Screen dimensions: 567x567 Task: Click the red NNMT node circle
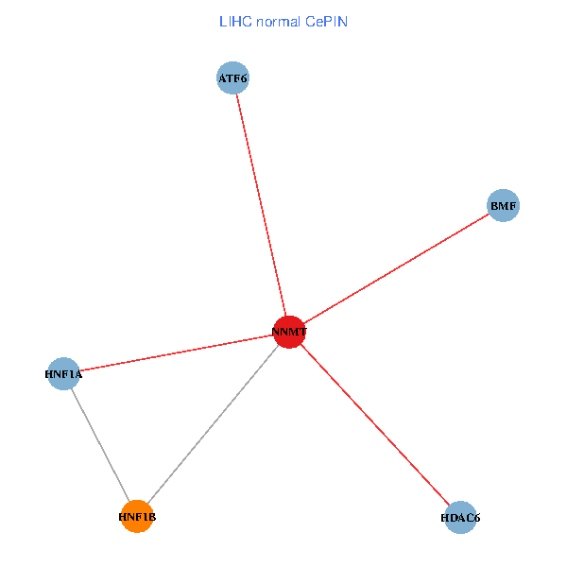pos(289,332)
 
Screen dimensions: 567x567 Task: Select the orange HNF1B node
pos(137,516)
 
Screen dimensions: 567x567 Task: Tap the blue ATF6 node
pos(232,79)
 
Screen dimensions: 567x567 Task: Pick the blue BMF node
pos(504,205)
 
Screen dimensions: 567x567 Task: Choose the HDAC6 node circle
pos(460,517)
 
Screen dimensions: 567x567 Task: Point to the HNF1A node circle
pos(62,373)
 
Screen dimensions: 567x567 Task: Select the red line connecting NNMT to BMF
pos(397,268)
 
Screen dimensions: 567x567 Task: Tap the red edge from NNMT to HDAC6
pos(375,424)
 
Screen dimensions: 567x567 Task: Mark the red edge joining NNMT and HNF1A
pos(176,352)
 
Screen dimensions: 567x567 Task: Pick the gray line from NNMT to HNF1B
pos(214,423)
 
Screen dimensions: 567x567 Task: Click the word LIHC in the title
pos(233,21)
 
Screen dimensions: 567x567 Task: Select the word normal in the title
pos(276,21)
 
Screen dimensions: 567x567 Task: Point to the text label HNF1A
pos(63,374)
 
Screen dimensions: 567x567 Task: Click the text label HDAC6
pos(461,518)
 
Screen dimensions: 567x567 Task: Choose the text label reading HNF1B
pos(137,517)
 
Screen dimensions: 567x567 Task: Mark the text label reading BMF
pos(504,205)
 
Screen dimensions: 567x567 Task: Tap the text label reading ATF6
pos(232,79)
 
